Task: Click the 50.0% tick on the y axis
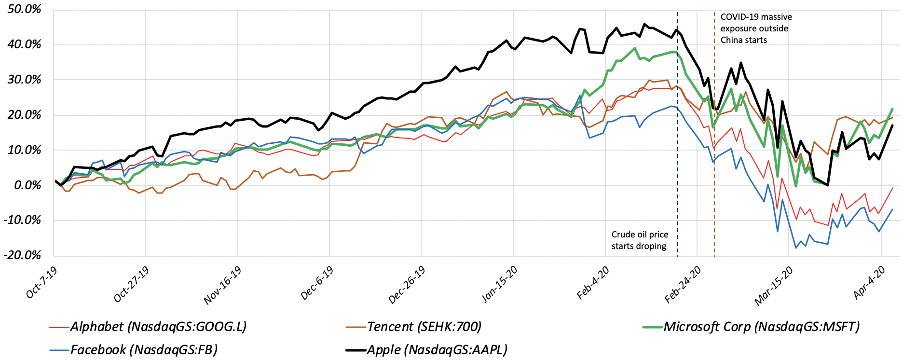click(24, 9)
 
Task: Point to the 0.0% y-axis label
click(27, 185)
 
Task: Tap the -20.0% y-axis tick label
click(22, 255)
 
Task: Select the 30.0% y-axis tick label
click(24, 80)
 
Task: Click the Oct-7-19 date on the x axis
click(41, 282)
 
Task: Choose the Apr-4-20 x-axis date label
click(869, 282)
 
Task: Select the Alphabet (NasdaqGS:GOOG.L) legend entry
click(148, 327)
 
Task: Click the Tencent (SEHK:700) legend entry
click(414, 327)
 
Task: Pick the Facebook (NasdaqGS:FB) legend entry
click(134, 349)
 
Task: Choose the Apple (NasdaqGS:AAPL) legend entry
click(427, 349)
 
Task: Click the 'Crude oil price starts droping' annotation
click(640, 240)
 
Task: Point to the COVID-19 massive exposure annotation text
click(756, 28)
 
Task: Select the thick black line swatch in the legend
click(356, 350)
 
